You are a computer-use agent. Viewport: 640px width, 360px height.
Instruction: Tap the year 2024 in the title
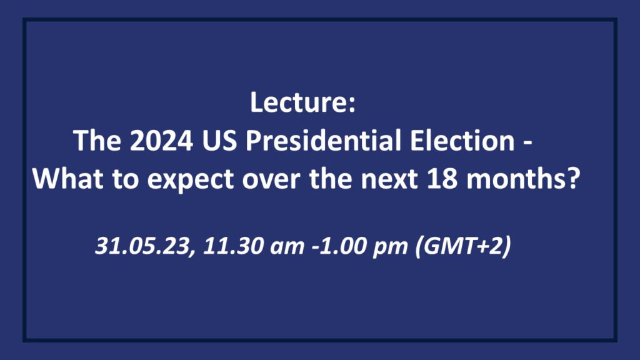coord(162,141)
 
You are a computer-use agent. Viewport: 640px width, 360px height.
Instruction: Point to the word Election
coord(462,141)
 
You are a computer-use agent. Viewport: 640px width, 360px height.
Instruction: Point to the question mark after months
coord(574,178)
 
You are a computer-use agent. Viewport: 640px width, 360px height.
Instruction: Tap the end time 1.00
coord(343,245)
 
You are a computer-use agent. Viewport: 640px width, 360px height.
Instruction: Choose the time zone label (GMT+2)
coord(463,246)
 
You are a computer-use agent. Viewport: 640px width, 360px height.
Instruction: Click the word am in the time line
coord(287,247)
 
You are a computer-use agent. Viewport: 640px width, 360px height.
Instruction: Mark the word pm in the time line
coord(390,248)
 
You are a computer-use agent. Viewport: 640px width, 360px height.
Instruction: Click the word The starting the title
coord(97,141)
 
